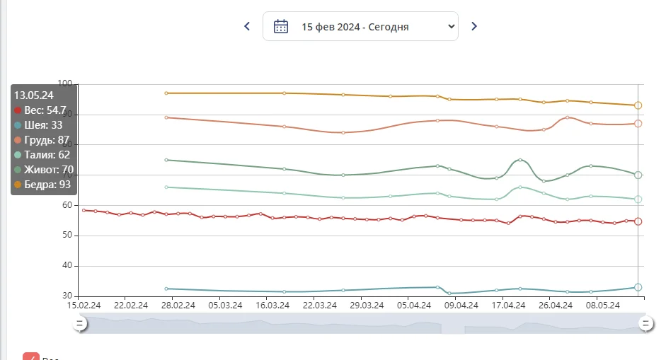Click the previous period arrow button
(247, 26)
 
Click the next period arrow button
(474, 26)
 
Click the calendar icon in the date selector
(281, 26)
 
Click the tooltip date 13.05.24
(34, 95)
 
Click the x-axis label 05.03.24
(225, 306)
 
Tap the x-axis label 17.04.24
(509, 306)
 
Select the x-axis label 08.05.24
(603, 306)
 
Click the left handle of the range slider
(80, 323)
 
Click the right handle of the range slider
(645, 323)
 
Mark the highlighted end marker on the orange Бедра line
(638, 105)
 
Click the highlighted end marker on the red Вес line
(638, 221)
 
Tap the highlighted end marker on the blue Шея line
(638, 287)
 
